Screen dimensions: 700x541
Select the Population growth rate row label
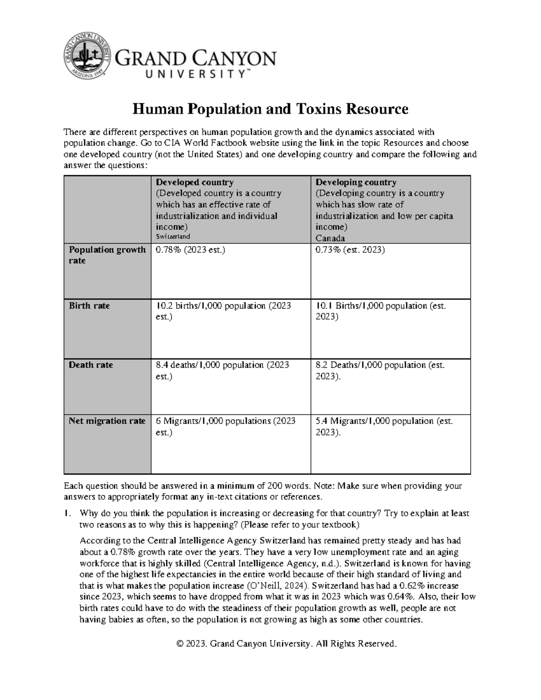tap(107, 255)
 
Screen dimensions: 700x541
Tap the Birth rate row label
tap(89, 306)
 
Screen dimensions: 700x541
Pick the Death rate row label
tap(91, 365)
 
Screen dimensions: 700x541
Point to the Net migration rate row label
tap(107, 421)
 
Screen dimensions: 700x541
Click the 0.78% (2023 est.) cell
tap(190, 250)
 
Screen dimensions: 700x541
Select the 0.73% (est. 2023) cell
tap(350, 250)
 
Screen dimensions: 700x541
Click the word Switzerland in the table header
tap(173, 236)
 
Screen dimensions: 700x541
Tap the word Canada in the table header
tap(330, 238)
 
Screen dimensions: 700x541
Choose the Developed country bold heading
tap(194, 183)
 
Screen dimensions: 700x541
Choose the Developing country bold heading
tap(356, 183)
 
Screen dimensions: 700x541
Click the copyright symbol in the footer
tap(181, 644)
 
